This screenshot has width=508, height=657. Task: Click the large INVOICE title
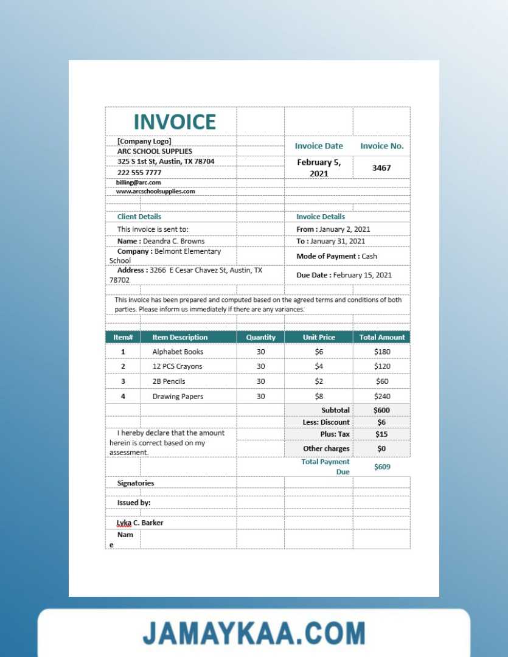pos(175,122)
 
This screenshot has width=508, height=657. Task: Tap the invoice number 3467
pos(381,168)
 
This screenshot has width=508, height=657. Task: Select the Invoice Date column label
pos(319,146)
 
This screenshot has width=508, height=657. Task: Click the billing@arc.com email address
pos(139,182)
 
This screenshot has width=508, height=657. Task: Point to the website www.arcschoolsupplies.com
pos(156,192)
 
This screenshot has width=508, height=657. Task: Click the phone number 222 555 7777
pos(139,173)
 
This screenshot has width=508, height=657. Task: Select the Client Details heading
pos(139,217)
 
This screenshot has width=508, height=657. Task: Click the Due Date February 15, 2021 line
pos(344,275)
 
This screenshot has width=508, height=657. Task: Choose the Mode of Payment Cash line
pos(337,257)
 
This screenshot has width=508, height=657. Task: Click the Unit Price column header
pos(319,338)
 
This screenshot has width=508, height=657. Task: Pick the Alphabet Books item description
pos(178,352)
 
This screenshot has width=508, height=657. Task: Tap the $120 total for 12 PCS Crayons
pos(382,367)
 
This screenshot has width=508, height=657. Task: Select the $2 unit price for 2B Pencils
pos(319,381)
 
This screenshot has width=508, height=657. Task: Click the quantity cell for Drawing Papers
pos(260,397)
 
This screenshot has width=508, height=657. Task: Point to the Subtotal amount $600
pos(382,411)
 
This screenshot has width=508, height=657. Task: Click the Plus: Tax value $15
pos(381,434)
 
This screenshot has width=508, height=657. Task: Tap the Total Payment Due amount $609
pos(382,467)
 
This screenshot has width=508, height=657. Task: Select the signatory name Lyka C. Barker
pos(140,523)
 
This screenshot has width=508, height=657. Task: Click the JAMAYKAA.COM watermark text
pos(254,633)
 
